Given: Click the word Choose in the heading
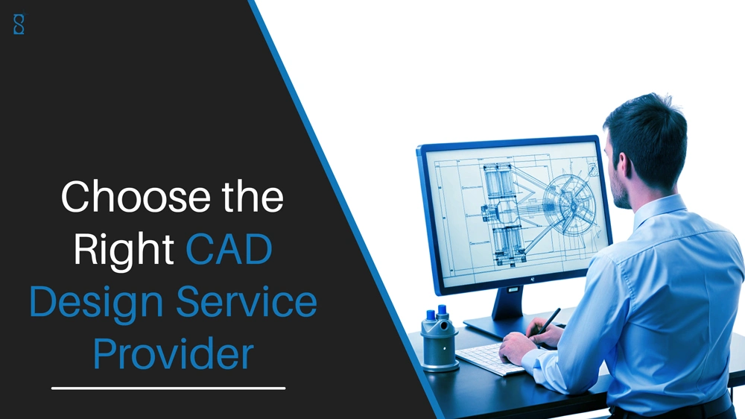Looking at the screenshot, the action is pyautogui.click(x=136, y=196).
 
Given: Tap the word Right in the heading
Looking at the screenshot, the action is pyautogui.click(x=124, y=251).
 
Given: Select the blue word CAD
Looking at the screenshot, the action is pyautogui.click(x=229, y=249).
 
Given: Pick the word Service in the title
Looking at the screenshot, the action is pyautogui.click(x=247, y=301).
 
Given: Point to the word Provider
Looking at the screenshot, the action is pyautogui.click(x=173, y=353).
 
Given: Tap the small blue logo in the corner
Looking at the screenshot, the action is pyautogui.click(x=19, y=25).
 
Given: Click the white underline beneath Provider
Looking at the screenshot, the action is pyautogui.click(x=168, y=388).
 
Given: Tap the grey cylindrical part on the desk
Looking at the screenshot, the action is pyautogui.click(x=440, y=339).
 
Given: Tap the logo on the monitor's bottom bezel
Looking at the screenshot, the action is pyautogui.click(x=533, y=279).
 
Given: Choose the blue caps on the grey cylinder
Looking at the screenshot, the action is pyautogui.click(x=437, y=313).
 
